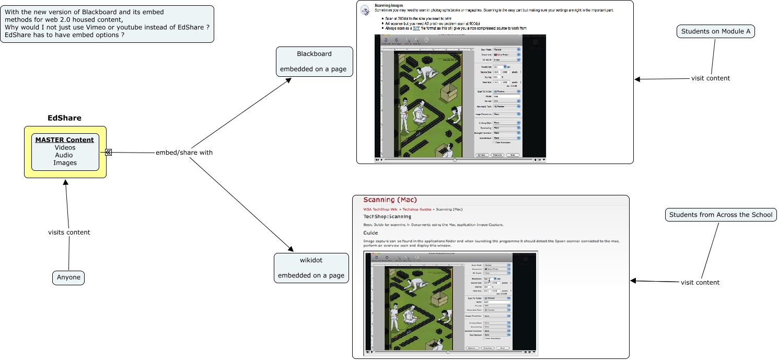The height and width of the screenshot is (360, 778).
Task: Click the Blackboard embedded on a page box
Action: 314,62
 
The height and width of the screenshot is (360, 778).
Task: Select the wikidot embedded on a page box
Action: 311,268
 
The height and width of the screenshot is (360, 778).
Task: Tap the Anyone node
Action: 68,277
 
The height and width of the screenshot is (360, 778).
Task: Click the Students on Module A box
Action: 716,31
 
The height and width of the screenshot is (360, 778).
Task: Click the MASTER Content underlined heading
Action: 65,140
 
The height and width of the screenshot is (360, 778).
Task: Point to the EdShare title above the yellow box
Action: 65,118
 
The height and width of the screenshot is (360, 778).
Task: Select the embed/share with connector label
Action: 184,153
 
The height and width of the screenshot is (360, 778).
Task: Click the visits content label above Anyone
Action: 69,233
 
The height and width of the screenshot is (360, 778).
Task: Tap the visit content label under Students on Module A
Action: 711,78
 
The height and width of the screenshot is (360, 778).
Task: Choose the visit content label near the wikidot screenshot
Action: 700,283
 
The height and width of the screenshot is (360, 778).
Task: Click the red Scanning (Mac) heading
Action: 390,200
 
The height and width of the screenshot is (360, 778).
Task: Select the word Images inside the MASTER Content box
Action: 65,163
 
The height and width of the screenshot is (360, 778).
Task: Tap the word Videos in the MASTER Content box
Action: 65,147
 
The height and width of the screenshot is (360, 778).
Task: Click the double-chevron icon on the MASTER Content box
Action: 108,152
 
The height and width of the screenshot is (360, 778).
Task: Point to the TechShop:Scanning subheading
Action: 387,216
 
